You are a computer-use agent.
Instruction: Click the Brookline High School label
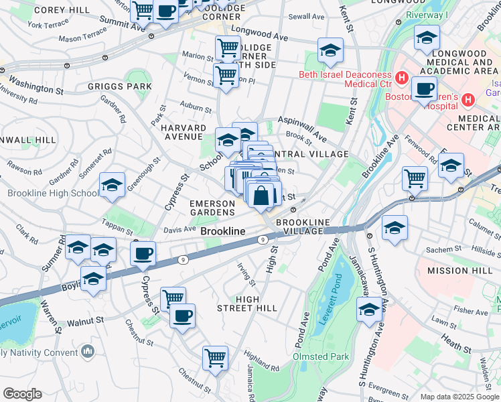[52, 194]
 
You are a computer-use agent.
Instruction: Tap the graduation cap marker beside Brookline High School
[112, 186]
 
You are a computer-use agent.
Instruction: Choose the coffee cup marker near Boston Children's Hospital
[424, 88]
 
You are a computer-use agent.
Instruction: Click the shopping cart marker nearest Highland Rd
[215, 358]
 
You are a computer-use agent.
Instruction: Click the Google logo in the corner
[22, 394]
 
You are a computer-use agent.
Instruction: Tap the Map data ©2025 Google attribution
[459, 397]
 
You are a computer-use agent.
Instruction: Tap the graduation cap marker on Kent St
[330, 50]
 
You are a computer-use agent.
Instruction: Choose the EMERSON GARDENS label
[212, 207]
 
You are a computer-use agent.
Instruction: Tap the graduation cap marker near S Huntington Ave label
[368, 310]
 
